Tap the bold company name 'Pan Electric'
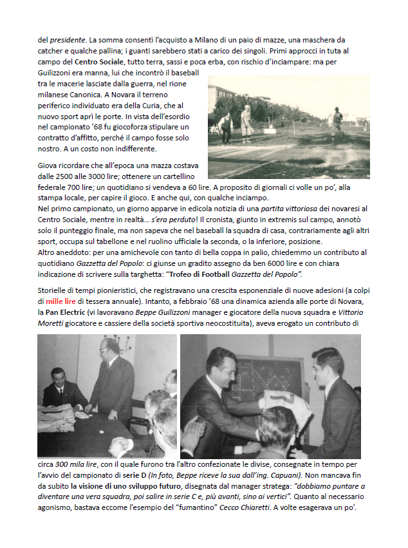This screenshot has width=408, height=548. click(x=63, y=311)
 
